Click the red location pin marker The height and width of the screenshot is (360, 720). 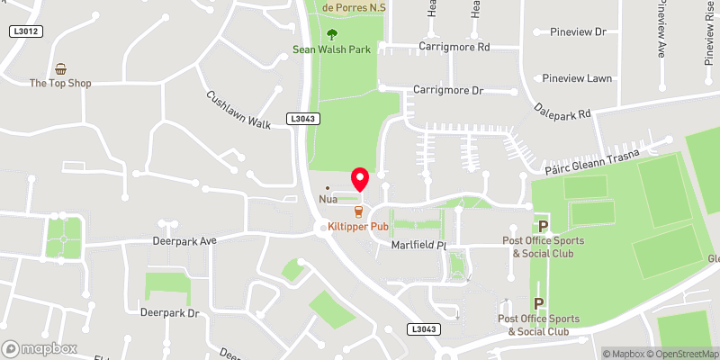(x=360, y=178)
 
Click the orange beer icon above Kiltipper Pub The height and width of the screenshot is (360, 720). (x=359, y=212)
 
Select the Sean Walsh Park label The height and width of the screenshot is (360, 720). (x=331, y=50)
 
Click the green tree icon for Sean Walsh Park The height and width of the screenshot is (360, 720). (x=331, y=34)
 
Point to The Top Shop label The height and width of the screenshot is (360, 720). (x=60, y=83)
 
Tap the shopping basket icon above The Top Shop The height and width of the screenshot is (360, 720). (x=60, y=68)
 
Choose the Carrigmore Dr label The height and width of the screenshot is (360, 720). (x=448, y=90)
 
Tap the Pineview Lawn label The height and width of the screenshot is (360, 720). (x=577, y=78)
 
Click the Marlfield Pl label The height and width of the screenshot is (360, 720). (x=418, y=245)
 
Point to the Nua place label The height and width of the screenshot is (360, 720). (x=327, y=199)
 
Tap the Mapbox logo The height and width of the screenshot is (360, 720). (x=39, y=348)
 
